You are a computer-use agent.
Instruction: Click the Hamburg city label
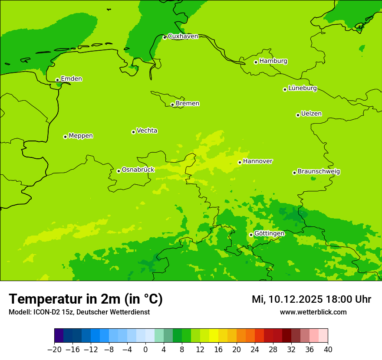(273, 61)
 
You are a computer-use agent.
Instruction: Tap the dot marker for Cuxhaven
(165, 38)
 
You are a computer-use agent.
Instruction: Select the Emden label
(71, 79)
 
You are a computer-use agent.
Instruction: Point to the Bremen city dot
(172, 105)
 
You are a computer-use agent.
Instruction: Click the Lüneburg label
(302, 88)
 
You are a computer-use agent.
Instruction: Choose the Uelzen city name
(311, 114)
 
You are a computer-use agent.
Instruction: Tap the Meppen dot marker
(65, 137)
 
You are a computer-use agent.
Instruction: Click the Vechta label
(147, 131)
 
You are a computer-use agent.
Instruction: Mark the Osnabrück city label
(138, 170)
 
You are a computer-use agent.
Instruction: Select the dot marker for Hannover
(240, 163)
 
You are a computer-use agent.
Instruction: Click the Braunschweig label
(319, 172)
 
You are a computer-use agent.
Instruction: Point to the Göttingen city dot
(251, 235)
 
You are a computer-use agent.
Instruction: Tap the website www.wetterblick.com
(313, 312)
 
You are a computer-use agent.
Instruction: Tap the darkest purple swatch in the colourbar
(59, 336)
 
